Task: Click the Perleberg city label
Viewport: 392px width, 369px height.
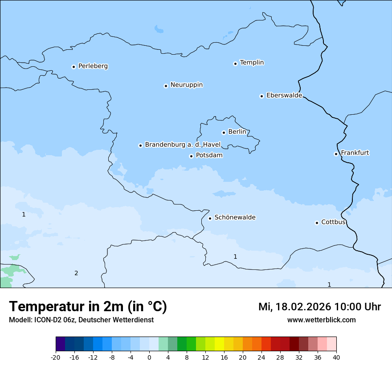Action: tap(93, 66)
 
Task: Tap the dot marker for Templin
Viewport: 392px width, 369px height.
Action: tap(235, 64)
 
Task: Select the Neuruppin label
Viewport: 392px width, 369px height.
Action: tap(186, 85)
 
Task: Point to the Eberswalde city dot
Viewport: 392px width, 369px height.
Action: tap(261, 96)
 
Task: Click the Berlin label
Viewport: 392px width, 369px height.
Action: tap(237, 132)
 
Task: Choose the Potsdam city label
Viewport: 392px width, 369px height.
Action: tap(209, 156)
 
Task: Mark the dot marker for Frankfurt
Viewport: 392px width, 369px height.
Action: tap(336, 154)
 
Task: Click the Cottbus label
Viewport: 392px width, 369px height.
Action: tap(333, 222)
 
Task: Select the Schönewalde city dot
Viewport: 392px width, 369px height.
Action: tap(210, 218)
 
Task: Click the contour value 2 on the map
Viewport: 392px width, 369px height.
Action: tap(76, 273)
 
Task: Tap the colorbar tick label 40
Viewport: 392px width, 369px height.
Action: tap(336, 357)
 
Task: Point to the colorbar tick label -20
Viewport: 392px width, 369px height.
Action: tap(56, 357)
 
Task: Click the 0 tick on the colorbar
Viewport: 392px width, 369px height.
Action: tap(149, 357)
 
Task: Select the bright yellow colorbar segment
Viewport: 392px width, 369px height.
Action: tap(219, 344)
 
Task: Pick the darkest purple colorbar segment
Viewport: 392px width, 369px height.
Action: tap(60, 344)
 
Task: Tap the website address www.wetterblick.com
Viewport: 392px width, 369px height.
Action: tap(321, 320)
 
